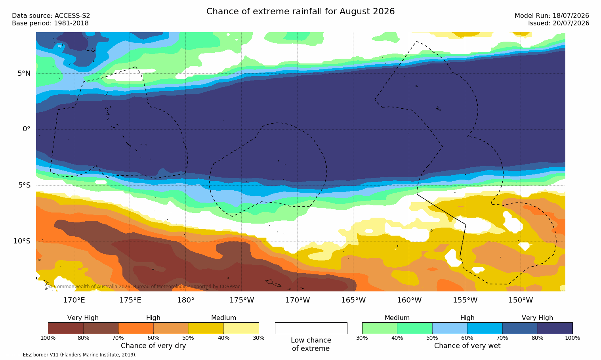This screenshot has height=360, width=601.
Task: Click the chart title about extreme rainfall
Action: [300, 11]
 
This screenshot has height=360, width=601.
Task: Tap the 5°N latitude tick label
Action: [24, 73]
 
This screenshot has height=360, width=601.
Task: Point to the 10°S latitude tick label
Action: [22, 241]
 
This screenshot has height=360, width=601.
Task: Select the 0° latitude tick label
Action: [26, 129]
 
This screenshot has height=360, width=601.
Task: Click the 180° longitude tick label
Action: [186, 300]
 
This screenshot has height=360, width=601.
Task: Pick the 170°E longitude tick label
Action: [74, 300]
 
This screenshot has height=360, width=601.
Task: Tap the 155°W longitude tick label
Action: [465, 300]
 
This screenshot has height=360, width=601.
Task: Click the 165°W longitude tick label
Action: [353, 300]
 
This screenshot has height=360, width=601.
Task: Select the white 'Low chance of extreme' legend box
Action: [311, 328]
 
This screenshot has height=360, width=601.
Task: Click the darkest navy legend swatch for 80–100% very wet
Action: [555, 328]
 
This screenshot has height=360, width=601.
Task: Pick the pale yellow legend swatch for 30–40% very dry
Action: [241, 328]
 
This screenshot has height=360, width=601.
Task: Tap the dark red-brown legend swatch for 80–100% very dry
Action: [66, 328]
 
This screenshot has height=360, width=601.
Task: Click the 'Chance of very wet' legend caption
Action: [467, 346]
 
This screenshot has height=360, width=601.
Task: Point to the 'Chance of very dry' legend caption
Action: [153, 346]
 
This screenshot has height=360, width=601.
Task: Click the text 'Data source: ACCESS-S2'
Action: [51, 16]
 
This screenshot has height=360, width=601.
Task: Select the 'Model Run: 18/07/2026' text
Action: [551, 16]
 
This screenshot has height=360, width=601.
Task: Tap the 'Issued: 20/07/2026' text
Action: [559, 23]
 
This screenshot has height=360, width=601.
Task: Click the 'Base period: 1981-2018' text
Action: [50, 23]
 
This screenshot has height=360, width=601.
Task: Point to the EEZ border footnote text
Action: [71, 354]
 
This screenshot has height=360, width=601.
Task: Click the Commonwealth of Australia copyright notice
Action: [144, 287]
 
